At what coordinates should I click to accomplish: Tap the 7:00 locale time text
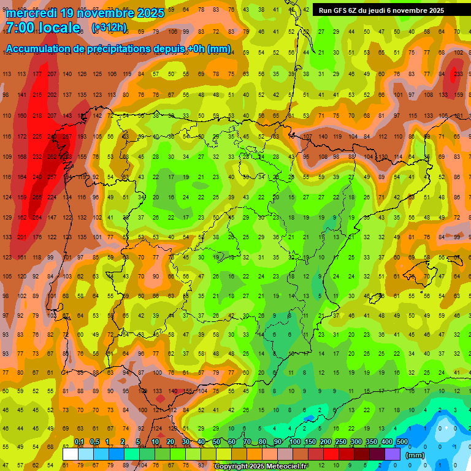click(43, 28)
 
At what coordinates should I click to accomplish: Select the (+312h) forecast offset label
click(109, 28)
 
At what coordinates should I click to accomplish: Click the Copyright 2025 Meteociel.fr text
click(261, 467)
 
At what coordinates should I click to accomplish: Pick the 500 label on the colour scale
click(402, 442)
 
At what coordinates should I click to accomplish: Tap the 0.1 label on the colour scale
click(78, 442)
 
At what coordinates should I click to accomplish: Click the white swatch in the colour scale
click(70, 454)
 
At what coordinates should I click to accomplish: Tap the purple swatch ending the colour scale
click(392, 454)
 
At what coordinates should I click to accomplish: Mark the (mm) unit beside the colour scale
click(415, 455)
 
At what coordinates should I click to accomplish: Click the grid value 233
click(458, 74)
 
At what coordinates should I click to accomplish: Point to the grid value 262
click(53, 156)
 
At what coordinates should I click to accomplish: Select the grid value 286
click(37, 197)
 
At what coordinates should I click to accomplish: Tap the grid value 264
click(37, 218)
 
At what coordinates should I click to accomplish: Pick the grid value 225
click(37, 136)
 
